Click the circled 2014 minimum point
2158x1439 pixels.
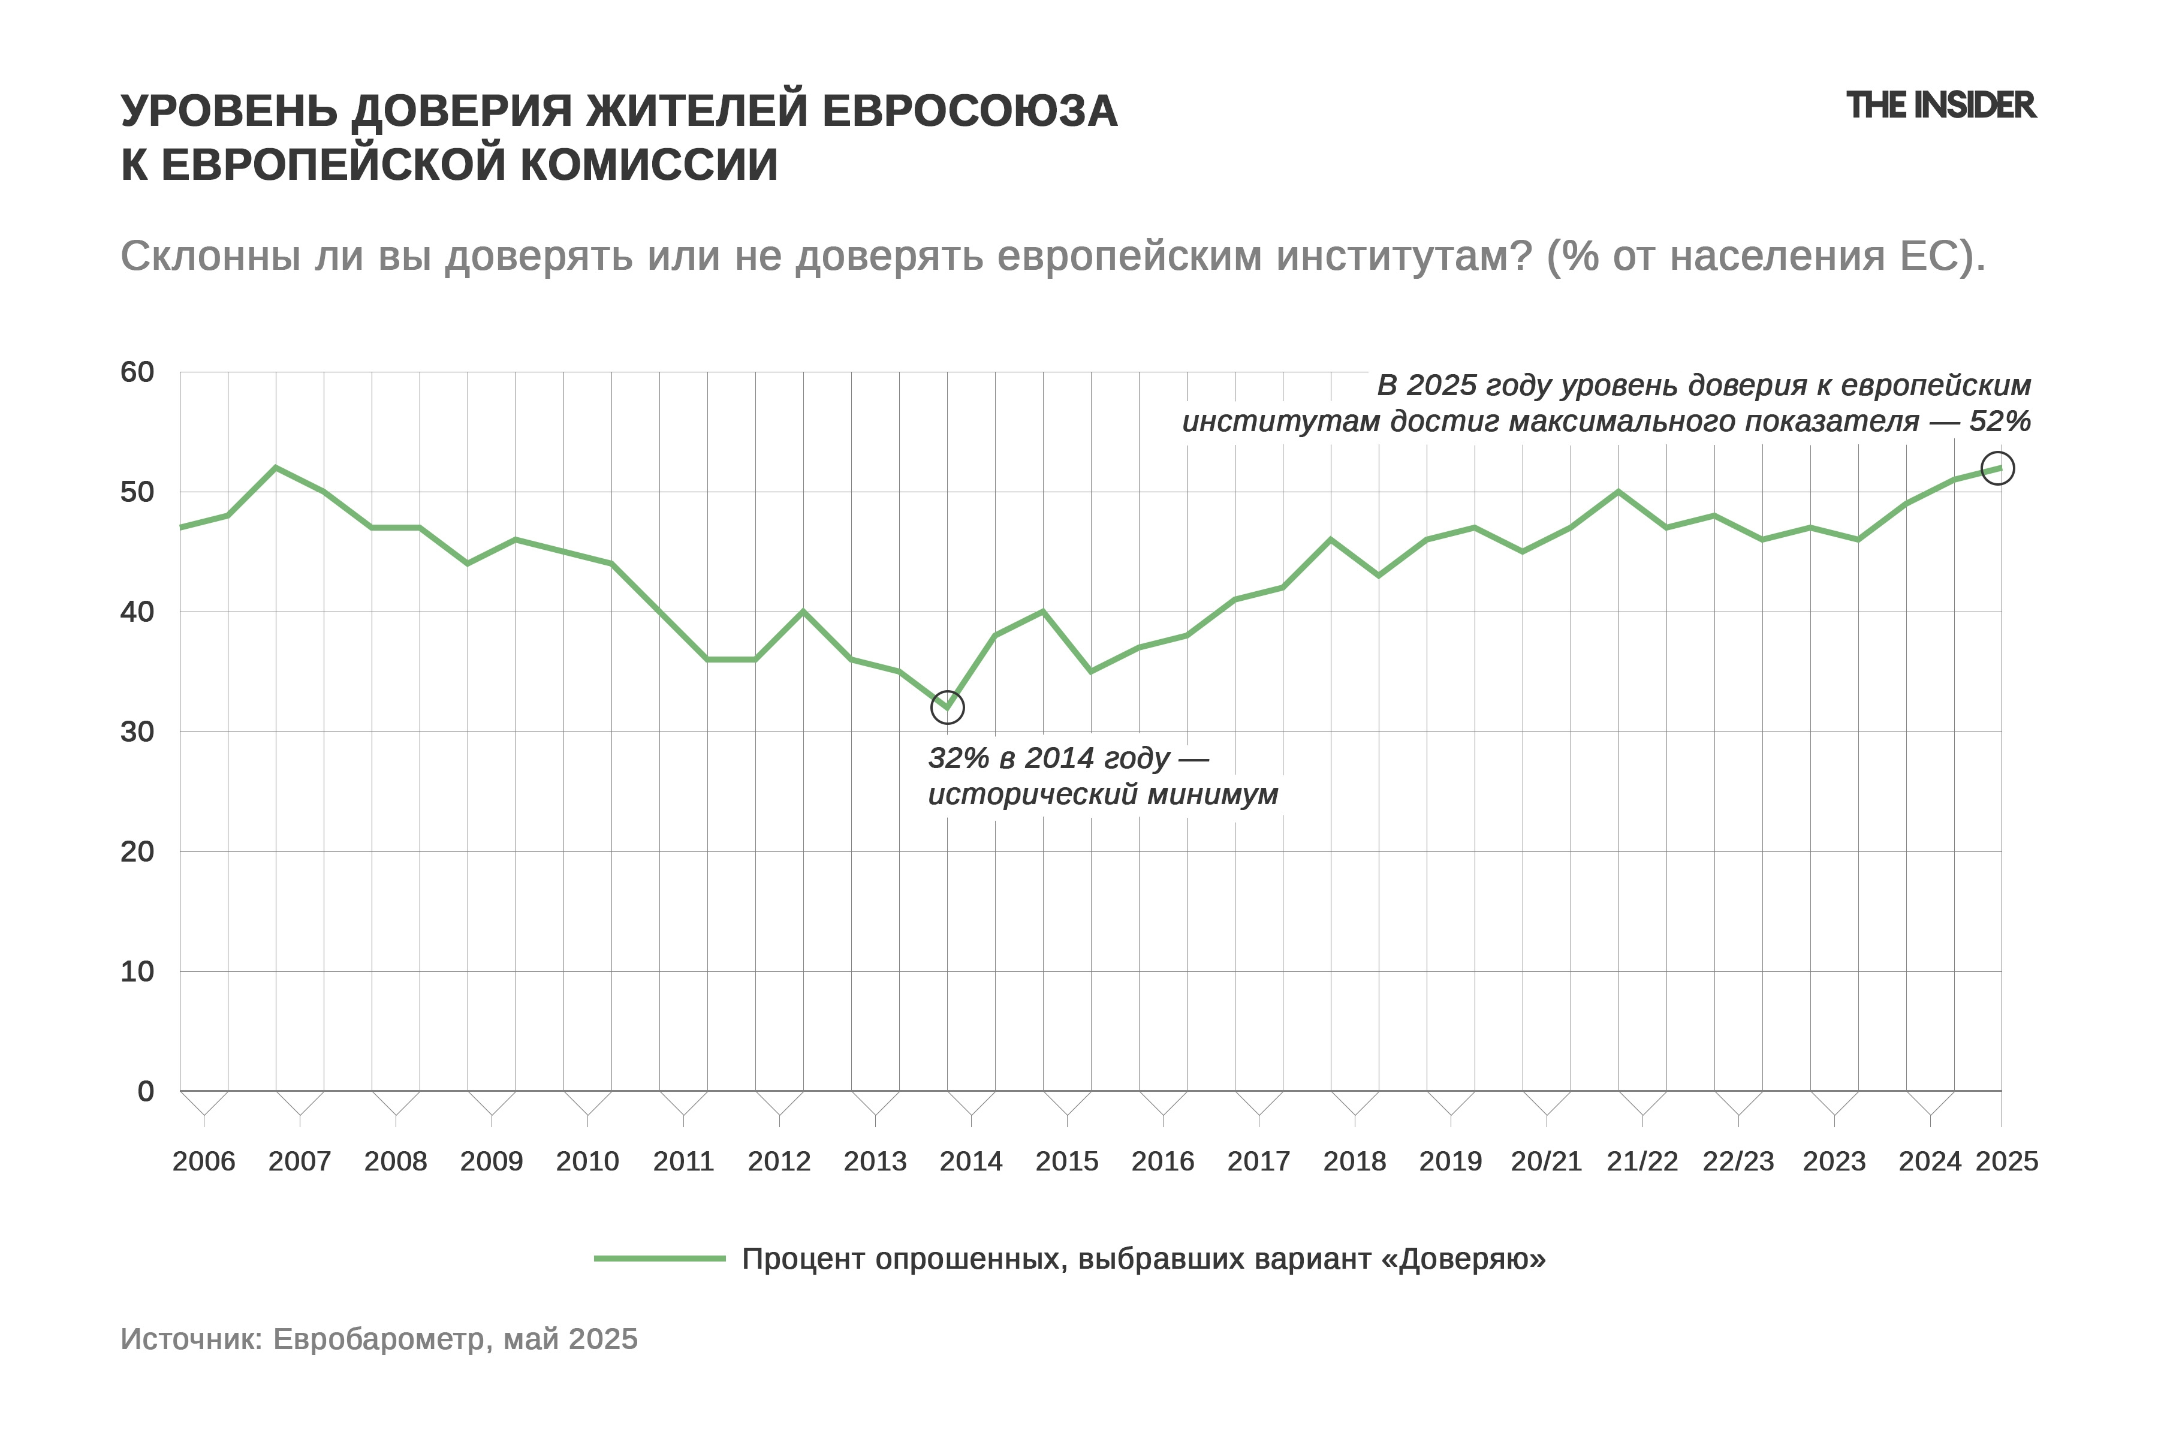point(947,708)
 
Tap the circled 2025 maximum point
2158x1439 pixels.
point(1997,468)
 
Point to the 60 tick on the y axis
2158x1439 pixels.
point(138,372)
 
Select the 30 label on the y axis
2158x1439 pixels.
point(138,731)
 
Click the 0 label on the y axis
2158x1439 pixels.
point(146,1091)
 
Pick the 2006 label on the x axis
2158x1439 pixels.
point(204,1162)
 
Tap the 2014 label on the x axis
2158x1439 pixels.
point(971,1162)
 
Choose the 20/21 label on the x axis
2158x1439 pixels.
point(1546,1162)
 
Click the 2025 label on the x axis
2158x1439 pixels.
point(2006,1162)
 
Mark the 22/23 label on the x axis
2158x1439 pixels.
point(1738,1162)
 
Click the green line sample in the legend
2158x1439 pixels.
point(660,1258)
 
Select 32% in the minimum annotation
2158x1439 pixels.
point(958,758)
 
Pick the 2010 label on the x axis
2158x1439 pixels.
point(587,1162)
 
